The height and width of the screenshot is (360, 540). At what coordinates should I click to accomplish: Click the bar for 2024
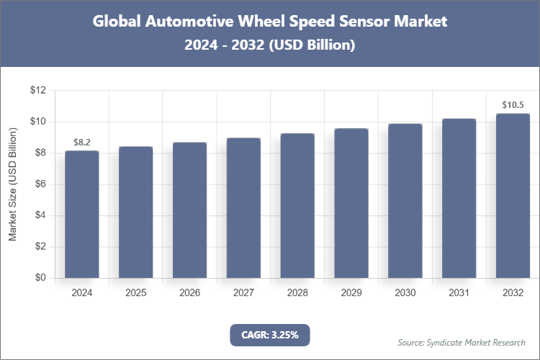click(x=82, y=214)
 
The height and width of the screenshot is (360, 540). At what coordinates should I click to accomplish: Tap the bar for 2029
click(x=351, y=203)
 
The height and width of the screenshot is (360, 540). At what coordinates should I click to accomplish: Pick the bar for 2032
click(x=513, y=196)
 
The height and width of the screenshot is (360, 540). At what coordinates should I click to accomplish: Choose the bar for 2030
click(x=405, y=201)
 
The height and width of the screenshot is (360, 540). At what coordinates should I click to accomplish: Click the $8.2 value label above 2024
click(x=82, y=143)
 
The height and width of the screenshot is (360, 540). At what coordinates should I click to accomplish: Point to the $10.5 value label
click(x=513, y=105)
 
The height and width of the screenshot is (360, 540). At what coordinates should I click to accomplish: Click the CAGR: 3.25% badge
click(x=270, y=335)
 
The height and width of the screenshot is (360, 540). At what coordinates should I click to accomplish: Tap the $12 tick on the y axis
click(x=37, y=91)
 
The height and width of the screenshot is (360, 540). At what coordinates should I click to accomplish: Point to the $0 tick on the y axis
click(x=40, y=278)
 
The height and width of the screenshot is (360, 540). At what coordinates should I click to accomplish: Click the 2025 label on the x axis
click(x=136, y=293)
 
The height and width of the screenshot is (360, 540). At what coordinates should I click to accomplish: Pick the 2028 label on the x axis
click(x=297, y=293)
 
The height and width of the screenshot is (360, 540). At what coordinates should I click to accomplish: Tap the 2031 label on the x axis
click(x=459, y=293)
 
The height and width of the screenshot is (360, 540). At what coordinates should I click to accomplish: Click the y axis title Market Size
click(x=12, y=184)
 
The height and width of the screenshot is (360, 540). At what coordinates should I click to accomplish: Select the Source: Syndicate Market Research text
click(x=461, y=342)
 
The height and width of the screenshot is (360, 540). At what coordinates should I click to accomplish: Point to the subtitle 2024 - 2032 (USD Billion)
click(x=270, y=45)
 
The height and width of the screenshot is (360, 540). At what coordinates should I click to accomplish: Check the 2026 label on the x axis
click(x=190, y=293)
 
